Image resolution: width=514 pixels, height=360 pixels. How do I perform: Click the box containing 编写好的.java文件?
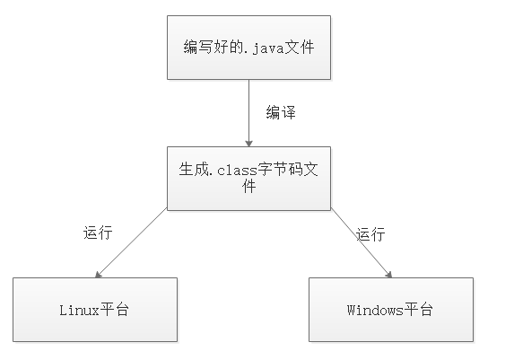[x=248, y=48]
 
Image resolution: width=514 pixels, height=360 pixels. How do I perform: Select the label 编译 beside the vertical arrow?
[x=281, y=113]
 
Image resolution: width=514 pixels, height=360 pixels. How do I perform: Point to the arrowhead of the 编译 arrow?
[x=248, y=142]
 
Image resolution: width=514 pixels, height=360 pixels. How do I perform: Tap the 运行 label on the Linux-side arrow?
[x=97, y=233]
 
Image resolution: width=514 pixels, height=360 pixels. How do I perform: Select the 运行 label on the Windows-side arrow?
[x=370, y=235]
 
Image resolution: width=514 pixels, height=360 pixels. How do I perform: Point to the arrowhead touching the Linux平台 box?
[x=98, y=274]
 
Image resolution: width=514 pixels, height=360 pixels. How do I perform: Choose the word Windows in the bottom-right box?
[x=374, y=310]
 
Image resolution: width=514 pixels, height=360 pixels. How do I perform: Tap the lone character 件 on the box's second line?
[x=248, y=187]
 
